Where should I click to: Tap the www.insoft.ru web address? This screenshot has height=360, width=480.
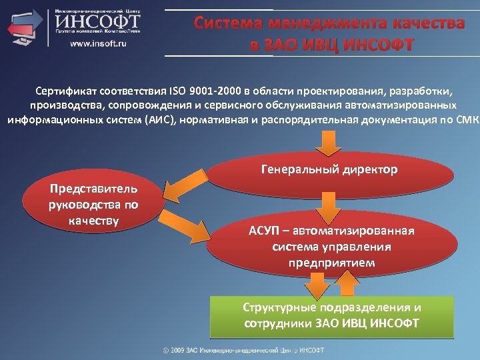point(99,44)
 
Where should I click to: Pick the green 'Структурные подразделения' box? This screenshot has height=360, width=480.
point(331,315)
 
